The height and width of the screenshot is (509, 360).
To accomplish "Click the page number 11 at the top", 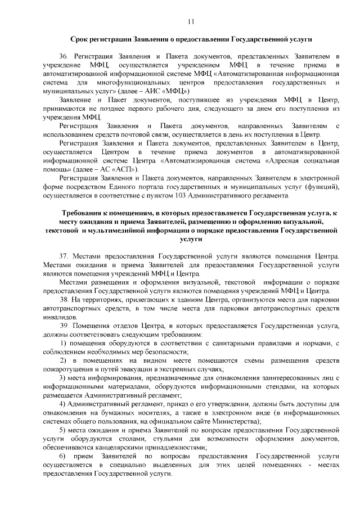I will (191, 21).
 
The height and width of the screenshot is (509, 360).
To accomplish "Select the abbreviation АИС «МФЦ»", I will (167, 91).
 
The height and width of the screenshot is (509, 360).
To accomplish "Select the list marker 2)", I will (64, 360).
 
